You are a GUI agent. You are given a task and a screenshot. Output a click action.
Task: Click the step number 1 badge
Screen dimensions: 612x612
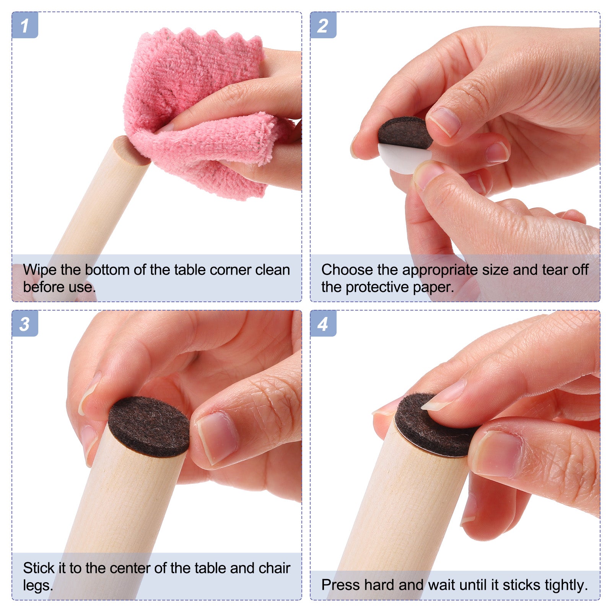click(25, 25)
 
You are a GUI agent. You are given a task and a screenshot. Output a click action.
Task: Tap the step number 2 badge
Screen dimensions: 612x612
click(323, 25)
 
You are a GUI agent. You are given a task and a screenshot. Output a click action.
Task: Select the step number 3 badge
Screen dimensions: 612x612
click(25, 323)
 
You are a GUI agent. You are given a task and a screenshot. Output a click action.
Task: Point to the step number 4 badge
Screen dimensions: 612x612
click(323, 323)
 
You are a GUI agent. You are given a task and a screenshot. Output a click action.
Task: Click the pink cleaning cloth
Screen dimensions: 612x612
click(199, 111)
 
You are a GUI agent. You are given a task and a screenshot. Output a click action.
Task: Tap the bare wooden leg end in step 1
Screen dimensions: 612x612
click(132, 150)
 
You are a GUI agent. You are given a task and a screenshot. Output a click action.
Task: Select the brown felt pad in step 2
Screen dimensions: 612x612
click(405, 132)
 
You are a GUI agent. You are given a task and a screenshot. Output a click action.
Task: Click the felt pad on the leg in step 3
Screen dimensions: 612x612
click(149, 426)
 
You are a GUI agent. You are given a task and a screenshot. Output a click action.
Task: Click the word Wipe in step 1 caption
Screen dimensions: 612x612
click(40, 270)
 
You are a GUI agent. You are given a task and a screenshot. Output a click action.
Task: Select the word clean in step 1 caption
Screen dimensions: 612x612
click(273, 270)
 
